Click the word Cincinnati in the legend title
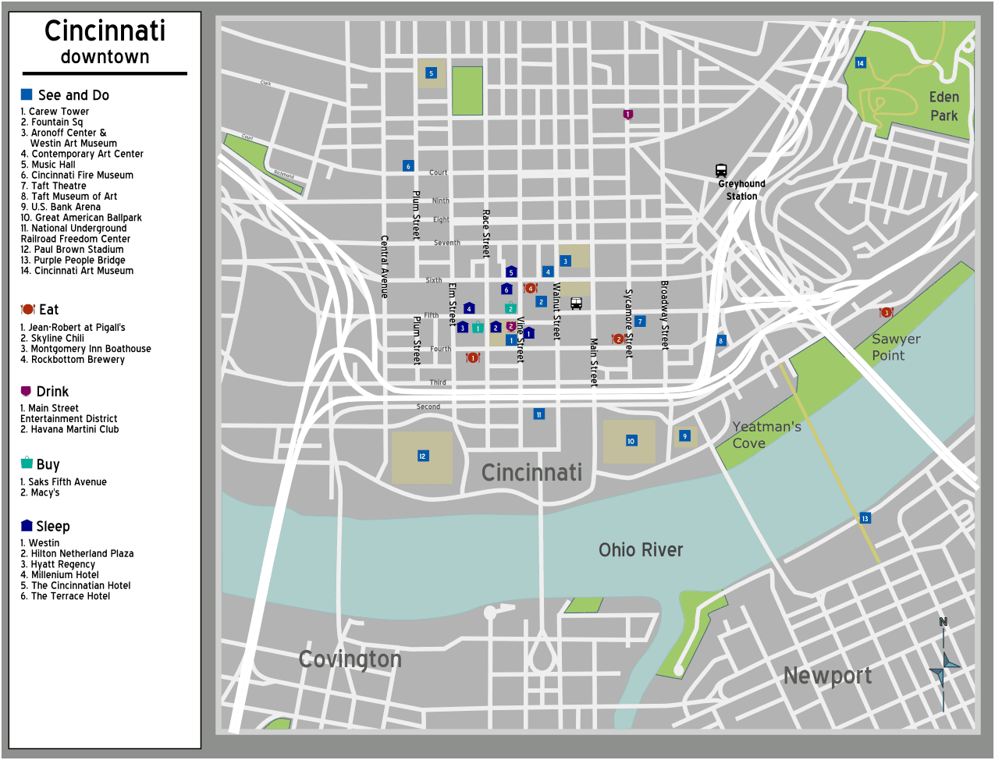[x=105, y=31]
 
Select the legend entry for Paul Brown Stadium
[x=72, y=250]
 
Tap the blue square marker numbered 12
[x=422, y=456]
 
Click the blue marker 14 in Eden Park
[x=860, y=63]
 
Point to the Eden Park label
[x=943, y=106]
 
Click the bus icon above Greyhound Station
[x=721, y=170]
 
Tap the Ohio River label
[x=640, y=550]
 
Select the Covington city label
[x=350, y=659]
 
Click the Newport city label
[x=827, y=676]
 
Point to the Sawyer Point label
[x=895, y=347]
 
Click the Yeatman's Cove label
[x=766, y=435]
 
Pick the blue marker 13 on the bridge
[x=865, y=518]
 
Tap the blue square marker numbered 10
[x=631, y=441]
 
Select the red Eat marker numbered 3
[x=886, y=313]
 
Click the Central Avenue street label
[x=384, y=266]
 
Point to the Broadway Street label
[x=665, y=315]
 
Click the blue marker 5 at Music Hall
[x=431, y=73]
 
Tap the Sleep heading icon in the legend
[x=27, y=526]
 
